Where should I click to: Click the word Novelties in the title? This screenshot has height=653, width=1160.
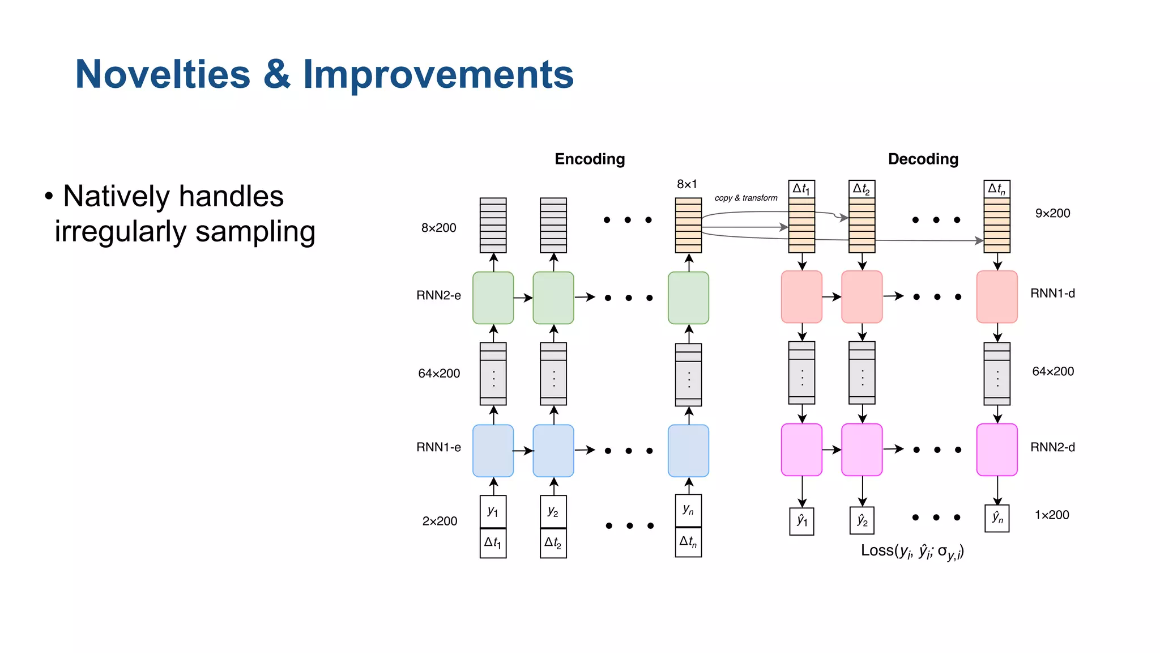point(163,74)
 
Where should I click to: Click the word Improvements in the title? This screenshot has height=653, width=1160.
point(438,74)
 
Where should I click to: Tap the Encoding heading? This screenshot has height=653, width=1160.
point(590,159)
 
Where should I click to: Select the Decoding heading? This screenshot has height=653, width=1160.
point(923,159)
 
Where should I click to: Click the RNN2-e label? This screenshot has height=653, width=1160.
point(438,295)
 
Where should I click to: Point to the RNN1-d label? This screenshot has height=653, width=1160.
point(1052,293)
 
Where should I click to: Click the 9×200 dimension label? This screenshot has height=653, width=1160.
point(1052,213)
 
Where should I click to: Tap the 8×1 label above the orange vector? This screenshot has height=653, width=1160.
point(686,184)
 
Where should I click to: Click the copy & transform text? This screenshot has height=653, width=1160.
point(746,198)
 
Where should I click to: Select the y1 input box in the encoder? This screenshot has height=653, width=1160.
point(493,511)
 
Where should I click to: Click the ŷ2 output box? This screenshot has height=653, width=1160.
point(862,520)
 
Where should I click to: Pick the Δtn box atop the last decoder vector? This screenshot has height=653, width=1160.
point(997,189)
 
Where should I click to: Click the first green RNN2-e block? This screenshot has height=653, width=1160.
point(493,298)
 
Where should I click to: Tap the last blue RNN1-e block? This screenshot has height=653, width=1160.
point(688,451)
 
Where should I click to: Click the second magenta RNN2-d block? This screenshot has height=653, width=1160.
point(862,450)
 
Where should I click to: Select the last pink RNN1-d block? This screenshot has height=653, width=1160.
point(997,296)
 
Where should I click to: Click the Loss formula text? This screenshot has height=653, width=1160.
point(912,551)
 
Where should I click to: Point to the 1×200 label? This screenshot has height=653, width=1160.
point(1052,515)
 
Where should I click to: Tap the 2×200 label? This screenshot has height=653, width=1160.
point(440,521)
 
